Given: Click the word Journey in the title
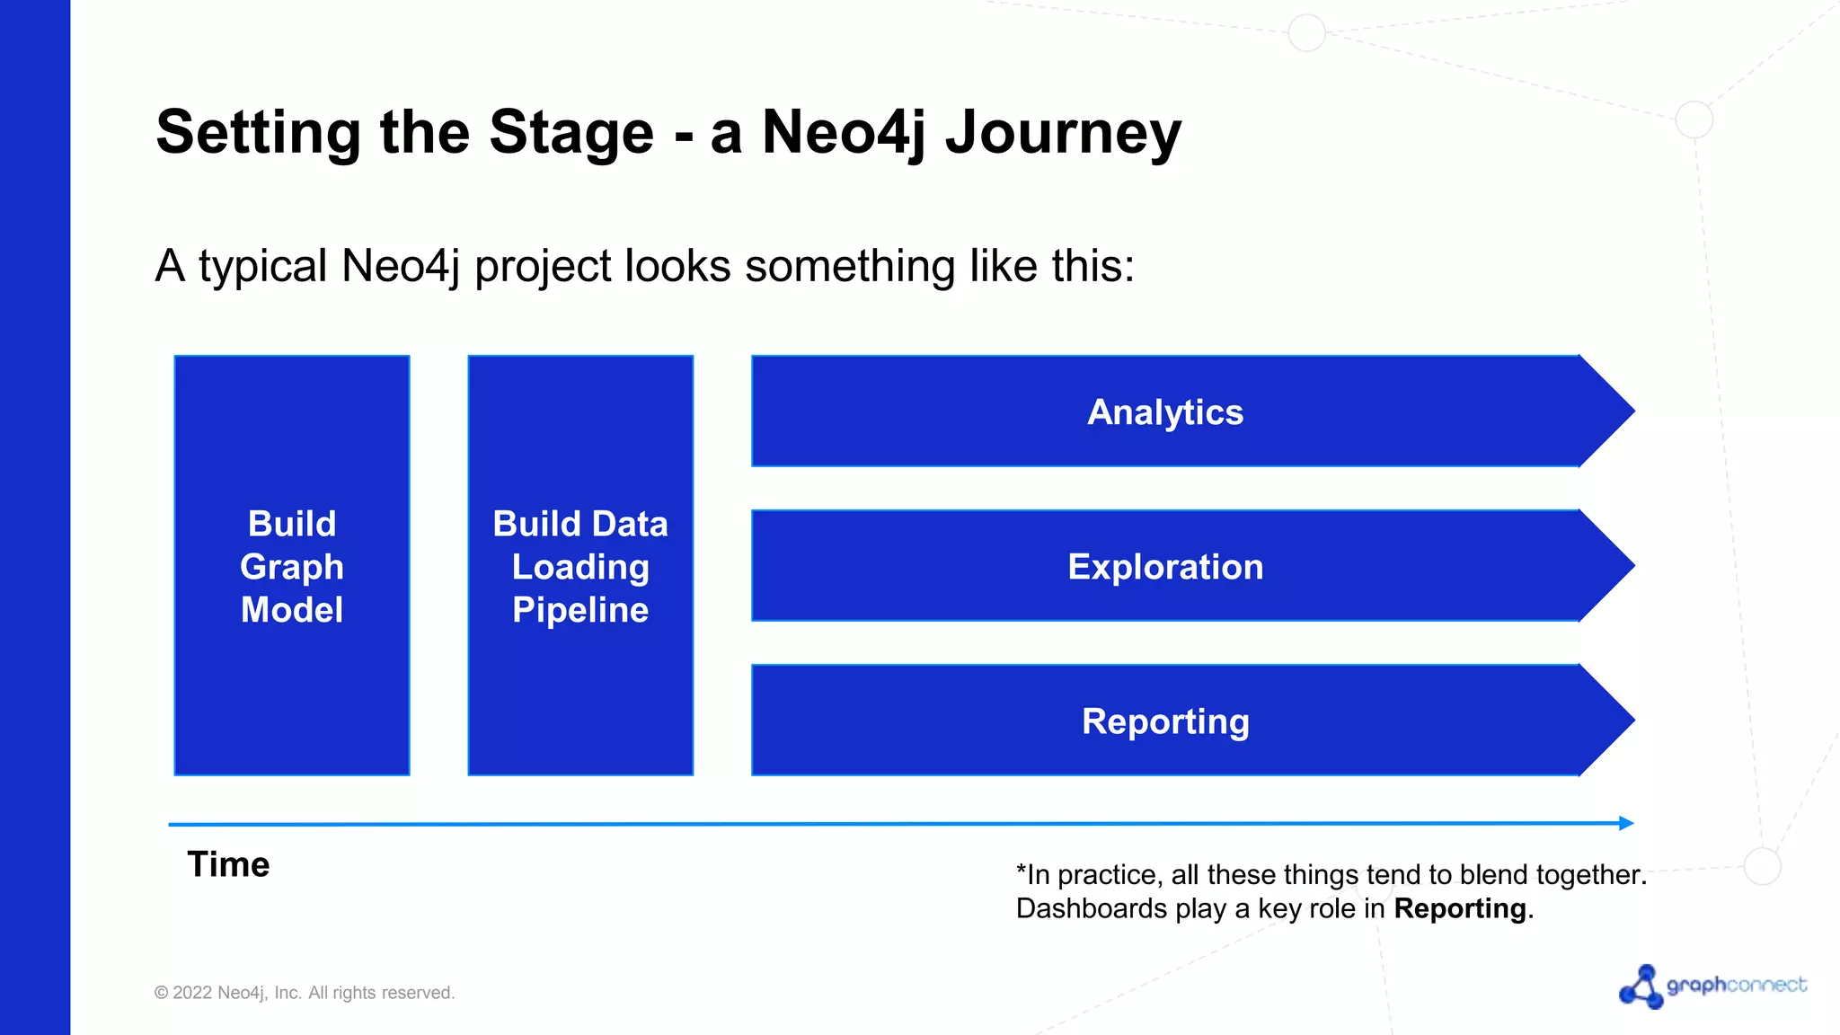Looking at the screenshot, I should click(x=1063, y=133).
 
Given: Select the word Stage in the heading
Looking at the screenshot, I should click(x=571, y=133).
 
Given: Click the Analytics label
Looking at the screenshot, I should click(x=1164, y=412).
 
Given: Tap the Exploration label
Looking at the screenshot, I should click(x=1164, y=567).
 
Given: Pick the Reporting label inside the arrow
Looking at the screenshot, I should click(x=1164, y=721).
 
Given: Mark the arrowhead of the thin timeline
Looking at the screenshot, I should click(x=1626, y=823).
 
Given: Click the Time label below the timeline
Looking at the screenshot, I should click(x=228, y=864).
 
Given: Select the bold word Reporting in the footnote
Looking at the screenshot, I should click(x=1459, y=909).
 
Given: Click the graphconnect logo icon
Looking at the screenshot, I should click(x=1641, y=986).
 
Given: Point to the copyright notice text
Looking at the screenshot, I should click(x=305, y=993).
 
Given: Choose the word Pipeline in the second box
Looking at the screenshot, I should click(x=579, y=610).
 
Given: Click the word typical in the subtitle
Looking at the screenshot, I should click(x=262, y=267).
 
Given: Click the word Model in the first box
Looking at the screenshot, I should click(x=291, y=610).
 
